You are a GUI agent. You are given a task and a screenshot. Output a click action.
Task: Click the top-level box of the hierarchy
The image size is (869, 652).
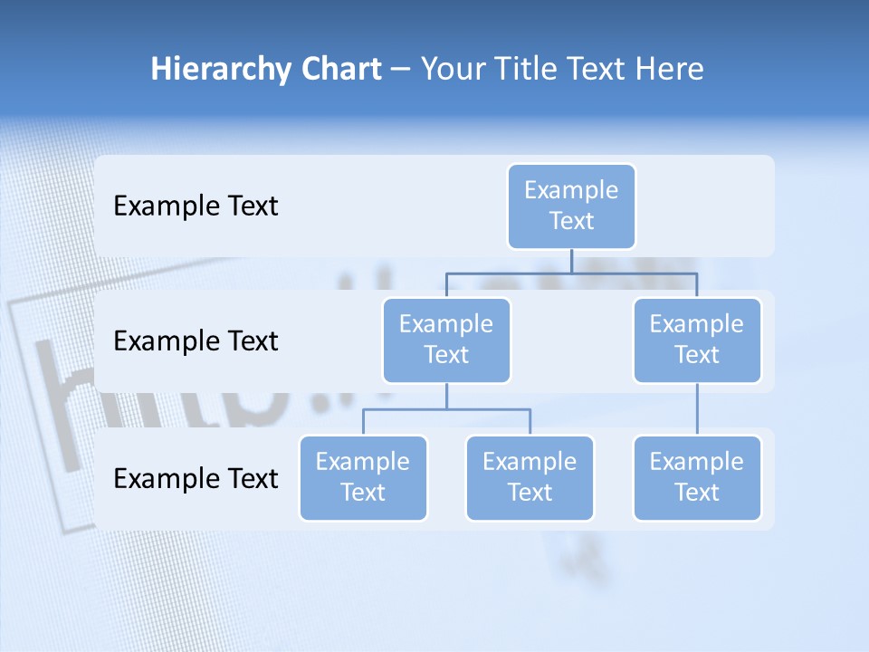[571, 206]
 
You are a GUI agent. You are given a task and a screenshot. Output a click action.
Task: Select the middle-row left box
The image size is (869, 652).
[446, 340]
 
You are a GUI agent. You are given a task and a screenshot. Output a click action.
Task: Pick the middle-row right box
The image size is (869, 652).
[697, 340]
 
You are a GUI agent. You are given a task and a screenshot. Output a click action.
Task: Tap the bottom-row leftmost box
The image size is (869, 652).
[363, 477]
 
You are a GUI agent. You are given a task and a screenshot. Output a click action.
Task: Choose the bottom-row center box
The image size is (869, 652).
[530, 477]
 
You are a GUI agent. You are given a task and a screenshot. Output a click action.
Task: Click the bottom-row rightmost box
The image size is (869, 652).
[697, 477]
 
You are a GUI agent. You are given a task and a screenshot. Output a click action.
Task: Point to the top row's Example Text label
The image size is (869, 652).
[196, 206]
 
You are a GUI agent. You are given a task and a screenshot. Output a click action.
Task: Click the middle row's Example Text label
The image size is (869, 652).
[196, 341]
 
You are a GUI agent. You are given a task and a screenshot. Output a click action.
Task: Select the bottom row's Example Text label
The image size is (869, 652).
[196, 478]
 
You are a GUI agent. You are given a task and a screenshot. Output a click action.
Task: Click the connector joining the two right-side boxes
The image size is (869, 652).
[697, 409]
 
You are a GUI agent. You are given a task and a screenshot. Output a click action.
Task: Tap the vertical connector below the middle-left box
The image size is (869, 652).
[446, 396]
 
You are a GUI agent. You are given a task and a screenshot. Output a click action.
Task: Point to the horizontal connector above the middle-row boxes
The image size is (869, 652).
[634, 273]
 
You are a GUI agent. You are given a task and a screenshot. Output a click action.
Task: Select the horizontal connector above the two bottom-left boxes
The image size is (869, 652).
[407, 409]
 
